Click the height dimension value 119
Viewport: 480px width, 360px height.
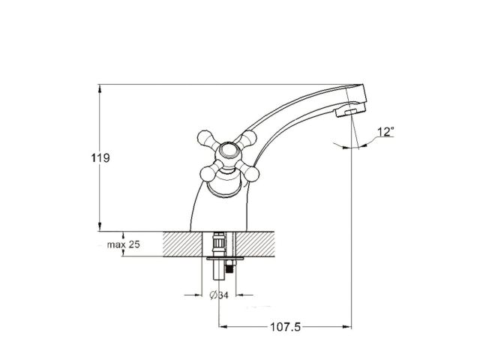coord(101,158)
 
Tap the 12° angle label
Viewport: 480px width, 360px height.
coord(385,132)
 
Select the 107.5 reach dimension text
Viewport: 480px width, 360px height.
coord(286,327)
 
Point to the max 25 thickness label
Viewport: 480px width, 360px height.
coord(122,245)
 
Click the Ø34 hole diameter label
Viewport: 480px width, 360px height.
coord(217,294)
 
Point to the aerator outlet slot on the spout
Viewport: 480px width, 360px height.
coord(346,113)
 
